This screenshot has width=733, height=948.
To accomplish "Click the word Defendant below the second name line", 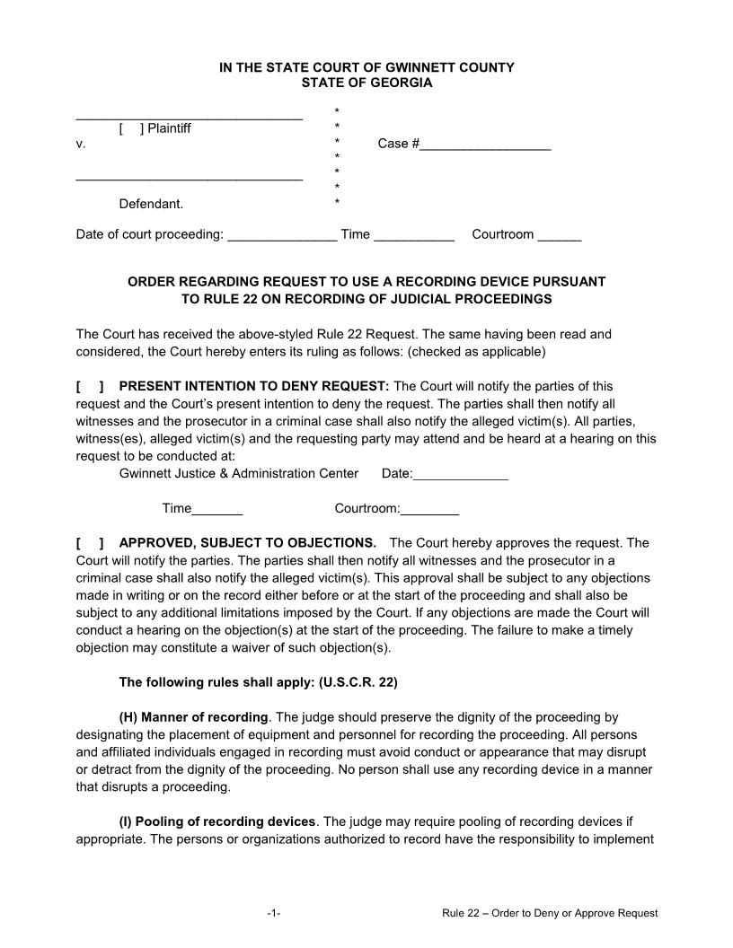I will point(151,204).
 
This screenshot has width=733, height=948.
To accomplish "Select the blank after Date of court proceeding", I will point(282,235).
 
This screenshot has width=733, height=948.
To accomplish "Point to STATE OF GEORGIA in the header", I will point(366,83).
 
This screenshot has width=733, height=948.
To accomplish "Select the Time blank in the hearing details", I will point(217,509).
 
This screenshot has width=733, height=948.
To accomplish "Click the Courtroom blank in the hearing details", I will point(429,509).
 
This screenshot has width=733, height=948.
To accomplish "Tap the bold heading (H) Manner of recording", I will point(193,717).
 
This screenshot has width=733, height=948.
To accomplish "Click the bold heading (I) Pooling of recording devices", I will point(217,821).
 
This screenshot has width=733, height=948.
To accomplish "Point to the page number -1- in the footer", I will point(274,913).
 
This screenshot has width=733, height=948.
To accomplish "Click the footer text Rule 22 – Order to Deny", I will point(550,913).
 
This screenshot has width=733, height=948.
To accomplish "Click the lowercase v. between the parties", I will point(81,144).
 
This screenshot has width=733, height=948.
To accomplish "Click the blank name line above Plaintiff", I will point(189,117).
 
